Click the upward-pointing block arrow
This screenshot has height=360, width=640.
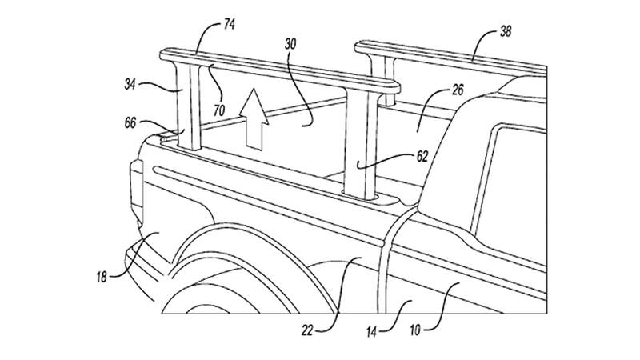255,120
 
